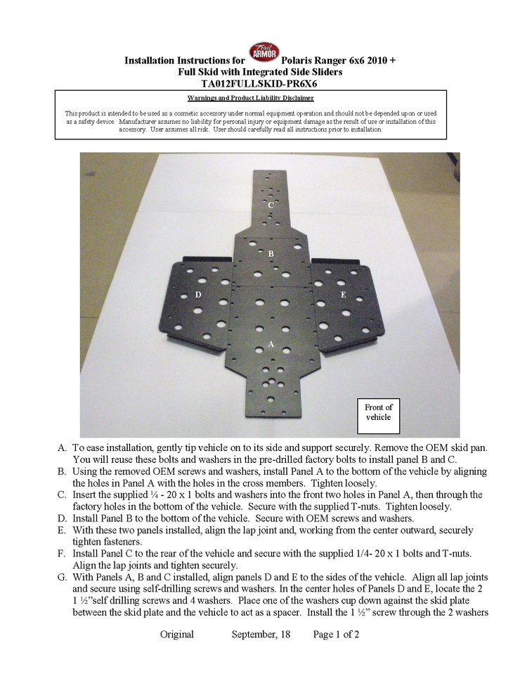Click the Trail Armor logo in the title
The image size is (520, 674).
click(x=264, y=53)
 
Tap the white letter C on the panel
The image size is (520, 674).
click(x=271, y=205)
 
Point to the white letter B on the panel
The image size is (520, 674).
click(x=271, y=253)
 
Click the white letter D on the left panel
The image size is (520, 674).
click(x=198, y=295)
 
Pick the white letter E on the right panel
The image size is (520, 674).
click(x=343, y=295)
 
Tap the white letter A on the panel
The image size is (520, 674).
click(x=271, y=344)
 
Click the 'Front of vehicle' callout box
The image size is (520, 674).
click(x=379, y=412)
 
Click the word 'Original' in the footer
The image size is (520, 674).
click(x=177, y=634)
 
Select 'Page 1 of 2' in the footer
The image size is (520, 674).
click(x=336, y=634)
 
